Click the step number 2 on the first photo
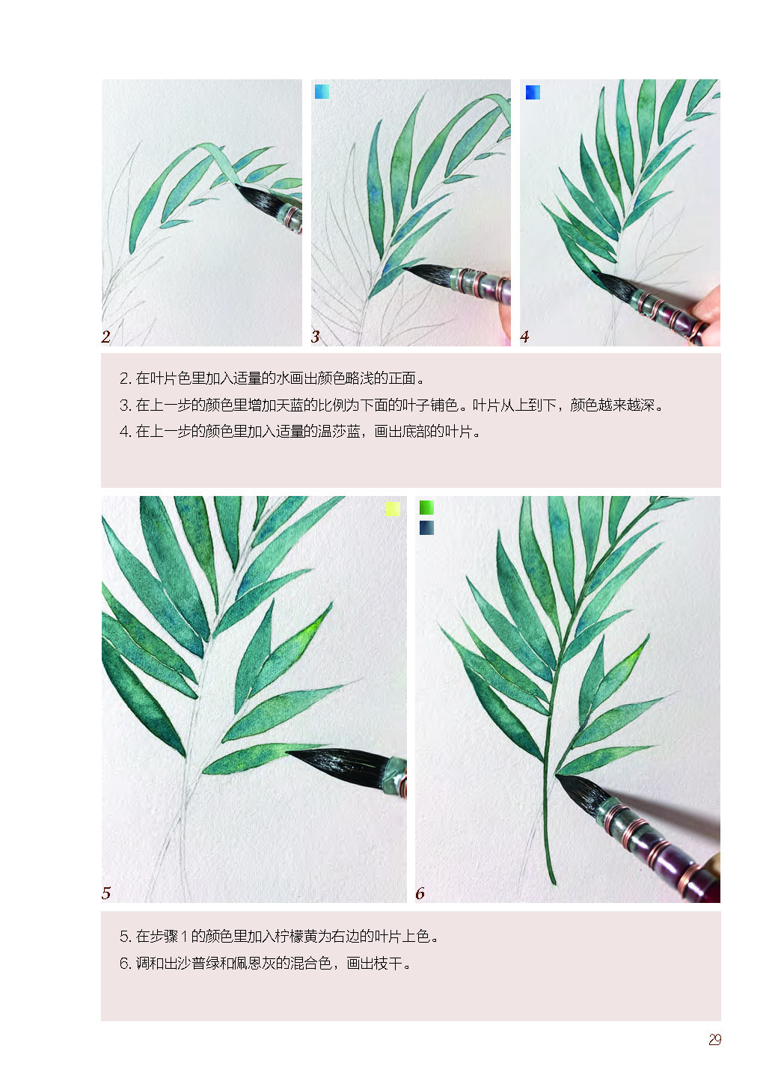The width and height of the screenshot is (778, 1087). [105, 337]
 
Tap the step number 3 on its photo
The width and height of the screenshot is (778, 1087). [316, 337]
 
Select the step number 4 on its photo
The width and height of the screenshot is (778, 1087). [524, 337]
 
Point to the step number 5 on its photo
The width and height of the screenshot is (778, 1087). [106, 892]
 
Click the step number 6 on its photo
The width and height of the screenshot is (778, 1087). [420, 892]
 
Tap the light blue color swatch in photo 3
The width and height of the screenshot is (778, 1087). [322, 91]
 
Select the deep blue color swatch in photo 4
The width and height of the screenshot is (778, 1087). [533, 92]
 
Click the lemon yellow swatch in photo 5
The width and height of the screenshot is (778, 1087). [393, 508]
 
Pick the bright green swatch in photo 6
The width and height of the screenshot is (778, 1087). [426, 507]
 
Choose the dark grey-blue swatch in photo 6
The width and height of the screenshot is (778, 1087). [426, 527]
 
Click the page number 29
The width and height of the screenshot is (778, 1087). [714, 1039]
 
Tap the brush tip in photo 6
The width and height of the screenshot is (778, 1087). [557, 775]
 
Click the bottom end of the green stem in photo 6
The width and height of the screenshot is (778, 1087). [553, 884]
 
